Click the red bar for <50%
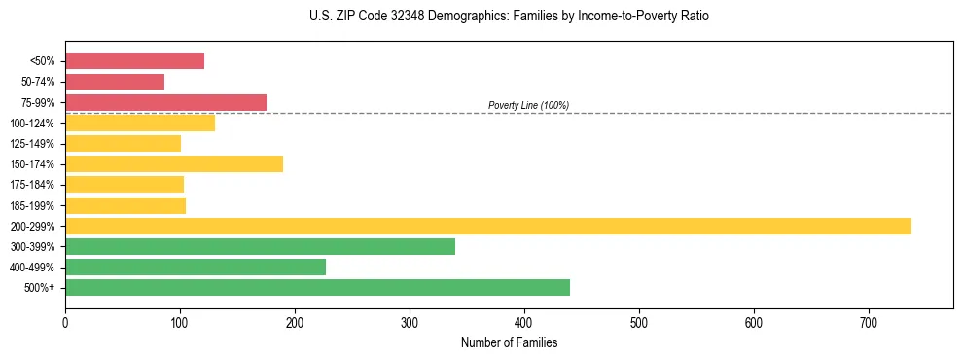134,61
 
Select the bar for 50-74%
115,82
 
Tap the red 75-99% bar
165,102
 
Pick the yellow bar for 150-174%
174,164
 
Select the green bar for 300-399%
260,246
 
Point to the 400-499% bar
196,267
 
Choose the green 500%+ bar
317,287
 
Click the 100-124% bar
140,123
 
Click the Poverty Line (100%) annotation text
528,105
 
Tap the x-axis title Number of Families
509,342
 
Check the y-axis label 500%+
40,288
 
